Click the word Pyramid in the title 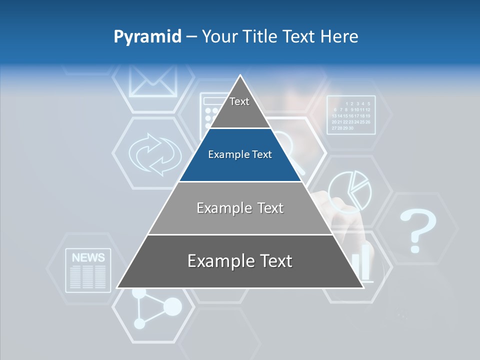click(147, 37)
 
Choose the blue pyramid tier click(240, 155)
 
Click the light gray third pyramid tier click(240, 208)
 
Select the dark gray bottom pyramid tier click(240, 261)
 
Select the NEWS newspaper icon click(88, 270)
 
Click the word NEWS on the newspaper click(88, 258)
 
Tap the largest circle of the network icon click(172, 306)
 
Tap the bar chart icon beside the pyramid click(363, 262)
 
